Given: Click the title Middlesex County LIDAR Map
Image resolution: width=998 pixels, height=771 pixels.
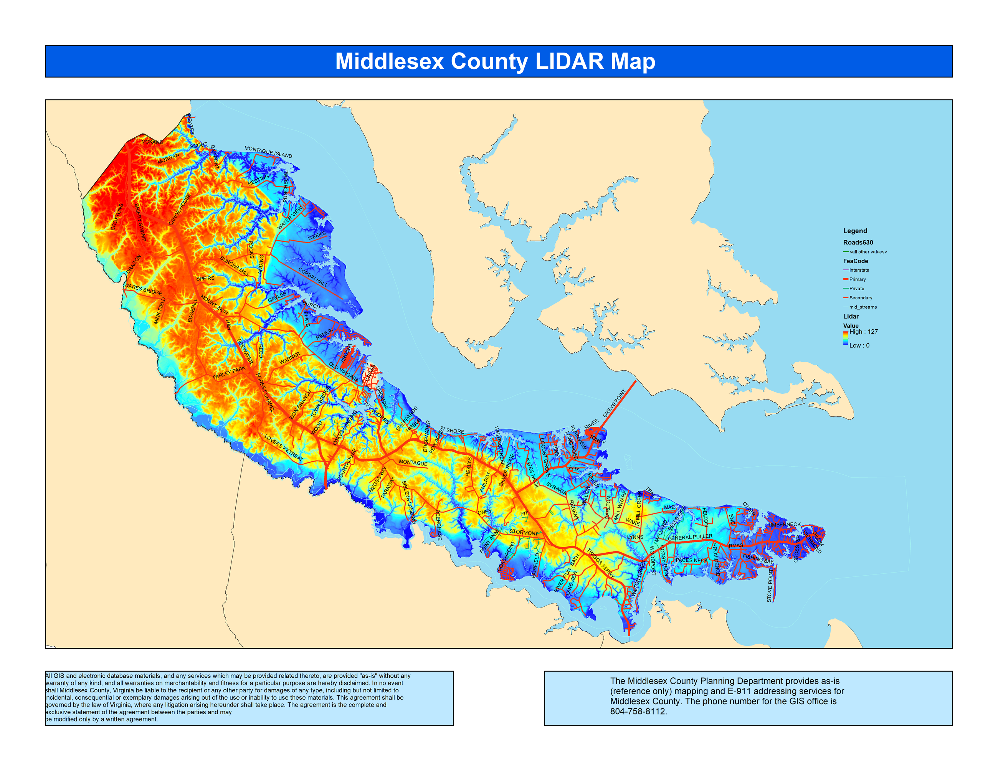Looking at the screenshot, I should pyautogui.click(x=495, y=61).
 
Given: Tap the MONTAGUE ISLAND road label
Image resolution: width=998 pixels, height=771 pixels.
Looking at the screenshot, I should pyautogui.click(x=268, y=152).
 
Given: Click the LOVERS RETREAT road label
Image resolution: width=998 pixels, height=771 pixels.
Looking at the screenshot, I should pyautogui.click(x=283, y=447).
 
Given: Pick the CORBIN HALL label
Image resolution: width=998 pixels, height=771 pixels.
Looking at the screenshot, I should pyautogui.click(x=313, y=277).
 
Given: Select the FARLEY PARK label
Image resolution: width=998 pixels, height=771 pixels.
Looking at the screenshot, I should pyautogui.click(x=230, y=373).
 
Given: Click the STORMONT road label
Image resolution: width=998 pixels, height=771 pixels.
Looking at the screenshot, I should pyautogui.click(x=524, y=533).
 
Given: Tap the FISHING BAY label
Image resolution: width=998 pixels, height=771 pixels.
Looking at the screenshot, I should pyautogui.click(x=758, y=558).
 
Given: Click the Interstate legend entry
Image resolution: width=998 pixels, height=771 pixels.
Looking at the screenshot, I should pyautogui.click(x=859, y=270).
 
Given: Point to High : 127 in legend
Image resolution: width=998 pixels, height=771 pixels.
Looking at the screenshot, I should pyautogui.click(x=863, y=332).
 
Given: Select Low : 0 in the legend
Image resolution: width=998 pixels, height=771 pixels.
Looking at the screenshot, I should pyautogui.click(x=859, y=345).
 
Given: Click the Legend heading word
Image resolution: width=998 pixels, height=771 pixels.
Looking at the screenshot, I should pyautogui.click(x=855, y=231).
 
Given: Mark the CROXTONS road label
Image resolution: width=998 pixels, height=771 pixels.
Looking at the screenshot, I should pyautogui.click(x=117, y=217).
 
